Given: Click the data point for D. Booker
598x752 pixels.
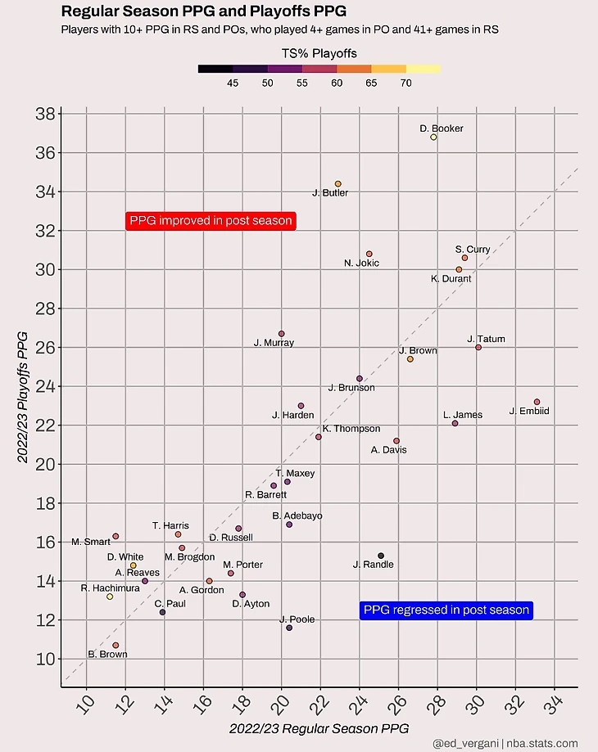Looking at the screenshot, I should (434, 137).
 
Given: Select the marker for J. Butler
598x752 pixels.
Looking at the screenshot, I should (338, 184).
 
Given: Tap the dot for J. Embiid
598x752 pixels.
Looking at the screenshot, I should (537, 402).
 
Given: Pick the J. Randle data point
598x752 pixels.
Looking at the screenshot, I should (381, 556).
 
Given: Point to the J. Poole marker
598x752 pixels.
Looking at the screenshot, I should (289, 628).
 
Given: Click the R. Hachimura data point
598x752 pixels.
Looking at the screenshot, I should (110, 597).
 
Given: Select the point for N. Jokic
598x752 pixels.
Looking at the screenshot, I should (369, 254).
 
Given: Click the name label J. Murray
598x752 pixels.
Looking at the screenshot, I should (274, 343).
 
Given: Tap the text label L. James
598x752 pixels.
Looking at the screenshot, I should (463, 415).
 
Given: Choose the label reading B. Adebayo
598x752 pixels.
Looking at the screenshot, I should (297, 516).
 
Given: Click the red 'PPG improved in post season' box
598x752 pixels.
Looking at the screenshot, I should (211, 221).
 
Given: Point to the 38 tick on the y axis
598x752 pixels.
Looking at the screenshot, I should (46, 114).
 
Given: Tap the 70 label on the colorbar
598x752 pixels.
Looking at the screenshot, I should (406, 83).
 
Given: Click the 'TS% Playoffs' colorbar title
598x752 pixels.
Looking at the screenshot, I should (319, 54).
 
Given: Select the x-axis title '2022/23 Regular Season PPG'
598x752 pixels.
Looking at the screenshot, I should (319, 727).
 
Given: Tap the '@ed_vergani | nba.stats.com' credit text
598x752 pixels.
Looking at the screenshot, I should (506, 743).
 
